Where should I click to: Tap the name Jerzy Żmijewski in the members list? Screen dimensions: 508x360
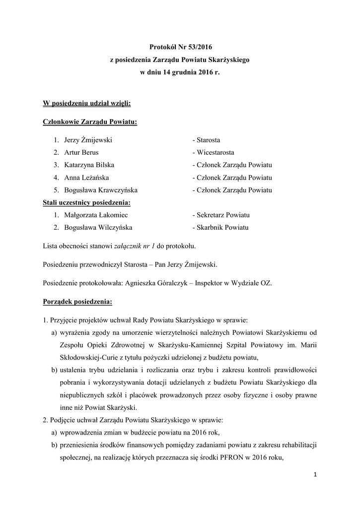click(x=88, y=140)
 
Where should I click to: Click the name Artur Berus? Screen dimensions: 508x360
click(x=81, y=153)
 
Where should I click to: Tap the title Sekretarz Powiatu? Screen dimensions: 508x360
click(x=221, y=215)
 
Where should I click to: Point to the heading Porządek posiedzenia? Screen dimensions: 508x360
click(x=77, y=301)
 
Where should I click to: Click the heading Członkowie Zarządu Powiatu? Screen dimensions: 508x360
click(x=90, y=122)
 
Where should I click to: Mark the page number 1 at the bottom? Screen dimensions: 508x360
click(x=315, y=476)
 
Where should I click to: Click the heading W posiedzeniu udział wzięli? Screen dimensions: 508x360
click(x=87, y=103)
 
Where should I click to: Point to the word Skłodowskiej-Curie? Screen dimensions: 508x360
click(x=86, y=358)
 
